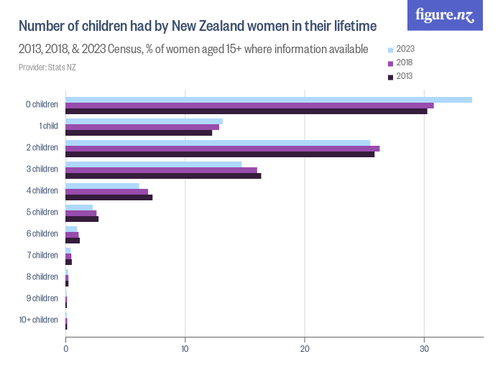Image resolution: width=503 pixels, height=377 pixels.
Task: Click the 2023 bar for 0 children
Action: (269, 99)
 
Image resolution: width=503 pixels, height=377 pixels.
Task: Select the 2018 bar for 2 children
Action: (222, 149)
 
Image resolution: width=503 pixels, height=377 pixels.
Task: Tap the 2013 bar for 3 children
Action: (163, 175)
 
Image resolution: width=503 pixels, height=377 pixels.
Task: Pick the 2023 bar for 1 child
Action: (144, 121)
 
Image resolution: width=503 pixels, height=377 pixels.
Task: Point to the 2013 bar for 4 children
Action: (109, 197)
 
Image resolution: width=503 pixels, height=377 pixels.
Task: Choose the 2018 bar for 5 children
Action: (80, 213)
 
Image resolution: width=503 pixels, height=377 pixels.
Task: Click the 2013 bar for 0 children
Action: (246, 111)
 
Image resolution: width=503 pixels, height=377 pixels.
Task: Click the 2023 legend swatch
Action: (391, 50)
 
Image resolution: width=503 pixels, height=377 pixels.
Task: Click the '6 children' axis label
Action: (42, 233)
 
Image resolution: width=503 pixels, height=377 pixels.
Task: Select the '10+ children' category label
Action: (39, 320)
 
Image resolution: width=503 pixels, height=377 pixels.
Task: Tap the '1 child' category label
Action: (48, 126)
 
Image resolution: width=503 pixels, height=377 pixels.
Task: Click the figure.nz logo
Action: (445, 15)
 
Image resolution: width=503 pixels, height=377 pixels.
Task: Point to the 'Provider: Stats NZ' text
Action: (47, 68)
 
